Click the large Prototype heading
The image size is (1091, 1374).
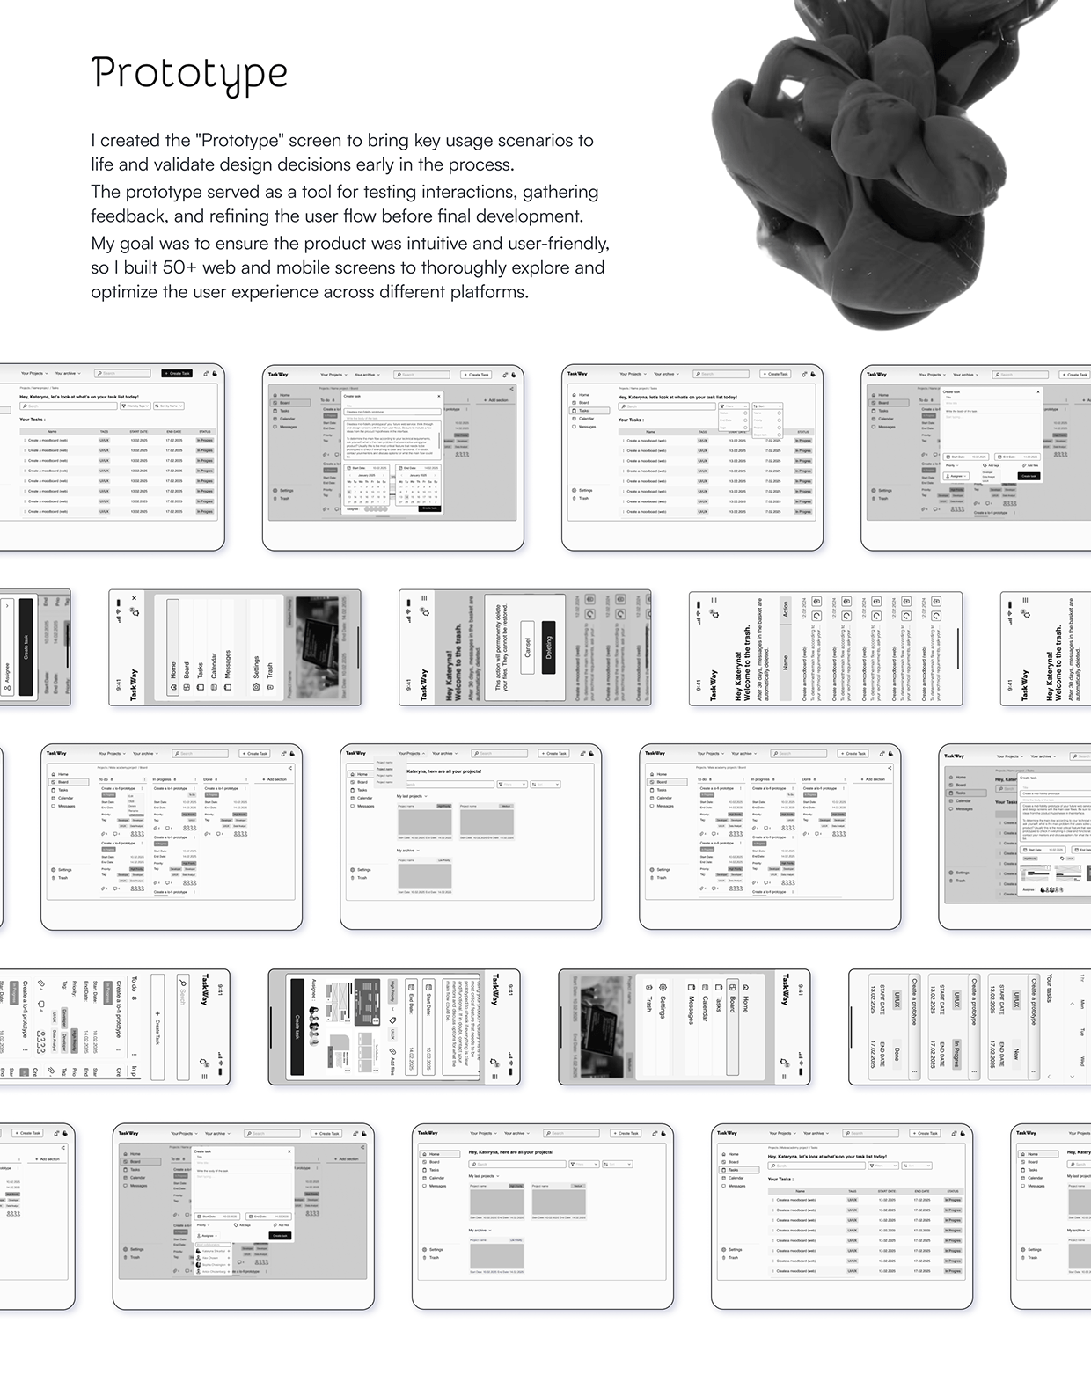tap(189, 74)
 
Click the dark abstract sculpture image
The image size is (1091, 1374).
tap(889, 158)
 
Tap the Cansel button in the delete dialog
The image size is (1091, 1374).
tap(527, 647)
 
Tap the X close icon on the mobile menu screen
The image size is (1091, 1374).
tap(134, 598)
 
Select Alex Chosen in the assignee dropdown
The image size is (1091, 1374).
tap(212, 1258)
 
